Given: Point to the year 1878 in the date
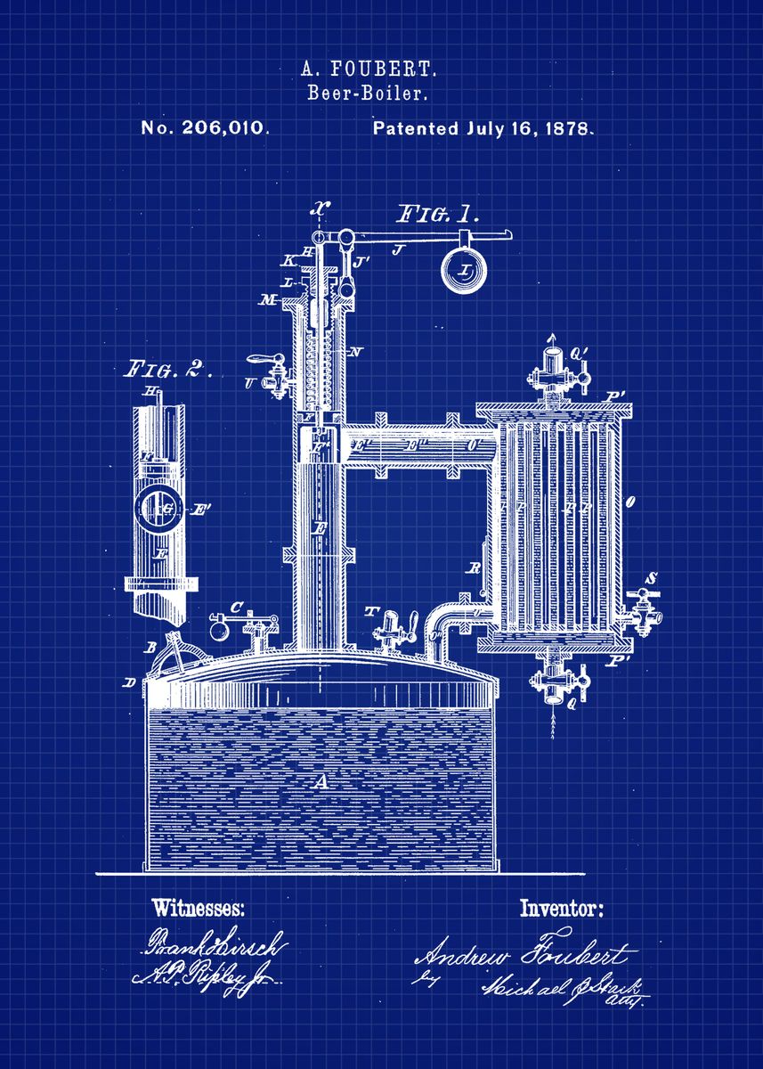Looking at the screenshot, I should (564, 127).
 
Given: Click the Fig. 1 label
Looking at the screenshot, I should (437, 215).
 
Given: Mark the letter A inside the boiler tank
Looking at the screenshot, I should (320, 782).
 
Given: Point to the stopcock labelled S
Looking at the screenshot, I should (645, 606).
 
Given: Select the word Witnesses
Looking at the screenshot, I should (198, 910).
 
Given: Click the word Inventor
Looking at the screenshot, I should (561, 910).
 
